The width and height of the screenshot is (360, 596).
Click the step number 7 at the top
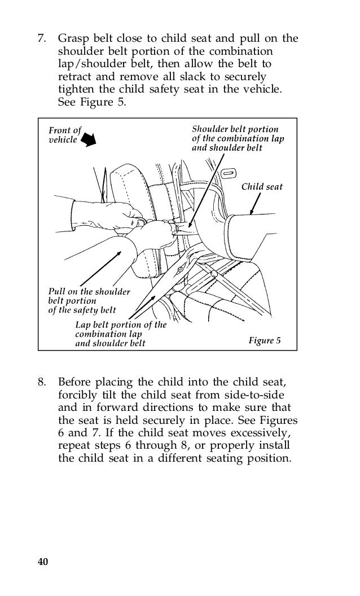pyautogui.click(x=41, y=40)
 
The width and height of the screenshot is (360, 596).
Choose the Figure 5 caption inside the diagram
pyautogui.click(x=265, y=340)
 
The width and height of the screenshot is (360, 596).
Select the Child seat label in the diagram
pyautogui.click(x=262, y=187)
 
